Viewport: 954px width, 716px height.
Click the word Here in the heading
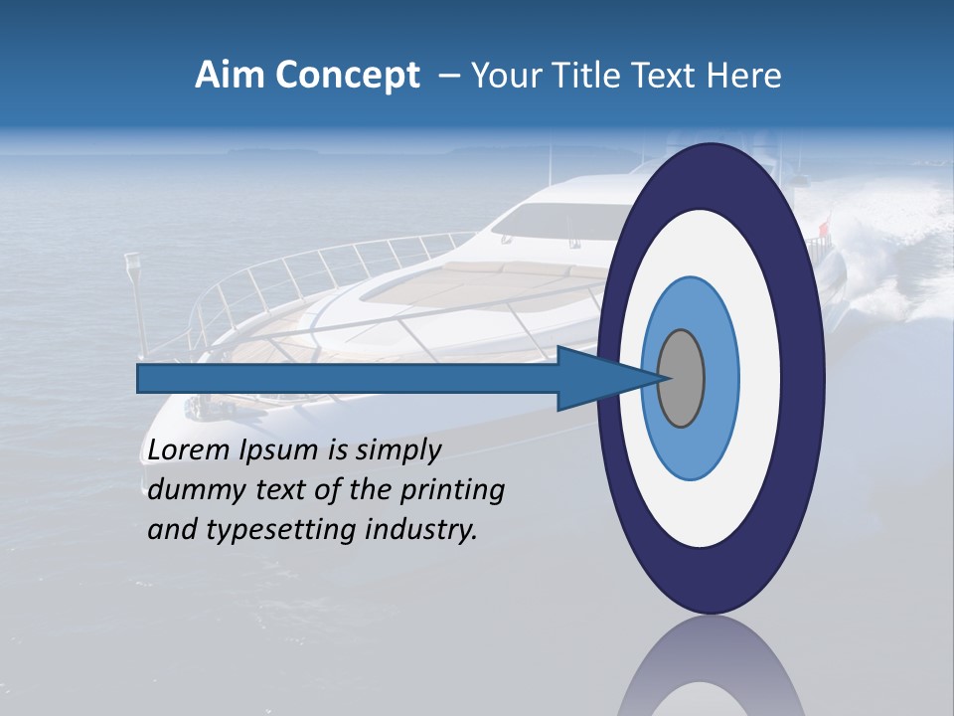pyautogui.click(x=744, y=76)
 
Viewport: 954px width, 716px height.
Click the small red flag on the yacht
pyautogui.click(x=822, y=231)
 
